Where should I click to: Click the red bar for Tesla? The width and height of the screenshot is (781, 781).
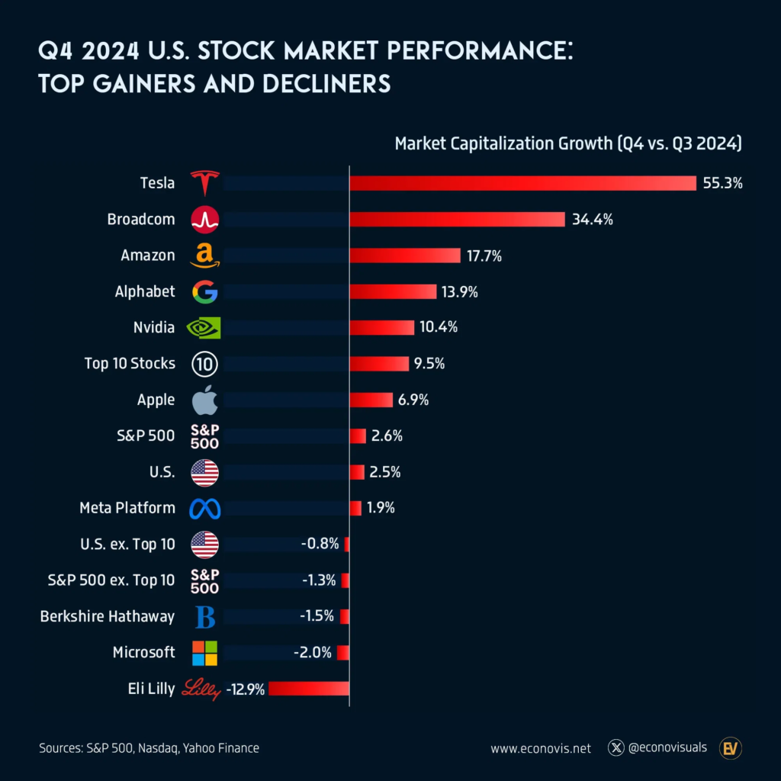[522, 183]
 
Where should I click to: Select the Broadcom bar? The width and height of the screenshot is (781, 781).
[457, 220]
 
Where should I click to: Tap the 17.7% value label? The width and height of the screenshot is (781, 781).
[484, 256]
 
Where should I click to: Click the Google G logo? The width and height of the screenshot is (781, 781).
[204, 291]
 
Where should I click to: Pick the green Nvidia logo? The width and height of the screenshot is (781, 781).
[204, 328]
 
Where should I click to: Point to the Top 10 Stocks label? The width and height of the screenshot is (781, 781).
[130, 363]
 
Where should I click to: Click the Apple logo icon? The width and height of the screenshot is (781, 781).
[204, 400]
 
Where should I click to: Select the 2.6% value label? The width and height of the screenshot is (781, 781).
[387, 436]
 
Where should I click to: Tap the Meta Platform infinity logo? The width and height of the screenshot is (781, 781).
[204, 508]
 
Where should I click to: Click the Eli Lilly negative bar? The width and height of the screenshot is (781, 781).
[308, 689]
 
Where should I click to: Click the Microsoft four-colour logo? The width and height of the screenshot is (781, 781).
[204, 653]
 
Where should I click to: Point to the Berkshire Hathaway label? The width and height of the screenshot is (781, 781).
[108, 616]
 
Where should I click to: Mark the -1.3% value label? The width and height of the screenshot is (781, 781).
[319, 580]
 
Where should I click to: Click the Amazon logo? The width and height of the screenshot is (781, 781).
[204, 256]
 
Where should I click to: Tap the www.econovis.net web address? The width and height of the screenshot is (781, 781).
[541, 748]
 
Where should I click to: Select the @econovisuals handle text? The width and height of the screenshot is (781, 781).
[668, 747]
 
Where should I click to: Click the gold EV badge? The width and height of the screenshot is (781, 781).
[731, 748]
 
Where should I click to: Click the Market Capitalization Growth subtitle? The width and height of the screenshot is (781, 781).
[568, 143]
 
